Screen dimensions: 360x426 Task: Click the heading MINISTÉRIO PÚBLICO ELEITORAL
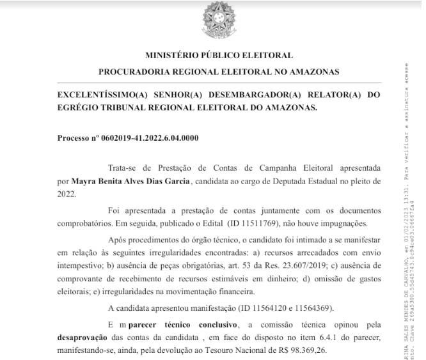(219, 56)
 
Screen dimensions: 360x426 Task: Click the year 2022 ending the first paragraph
(67, 194)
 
